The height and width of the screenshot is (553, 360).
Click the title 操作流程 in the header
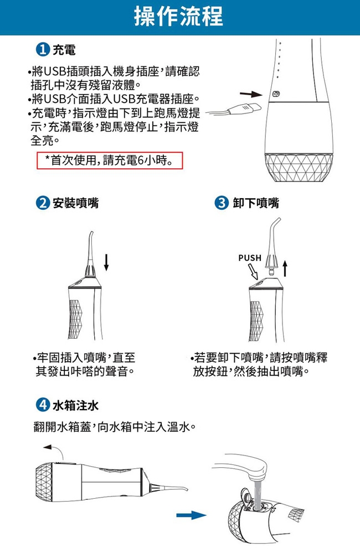click(179, 17)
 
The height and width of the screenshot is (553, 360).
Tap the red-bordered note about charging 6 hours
click(109, 161)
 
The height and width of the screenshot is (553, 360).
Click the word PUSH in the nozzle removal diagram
click(249, 258)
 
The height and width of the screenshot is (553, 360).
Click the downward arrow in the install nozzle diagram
click(106, 262)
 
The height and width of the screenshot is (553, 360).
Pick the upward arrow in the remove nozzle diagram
click(285, 268)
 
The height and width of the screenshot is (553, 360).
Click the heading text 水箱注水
click(75, 406)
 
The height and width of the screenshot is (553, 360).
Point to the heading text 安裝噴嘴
click(75, 203)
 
